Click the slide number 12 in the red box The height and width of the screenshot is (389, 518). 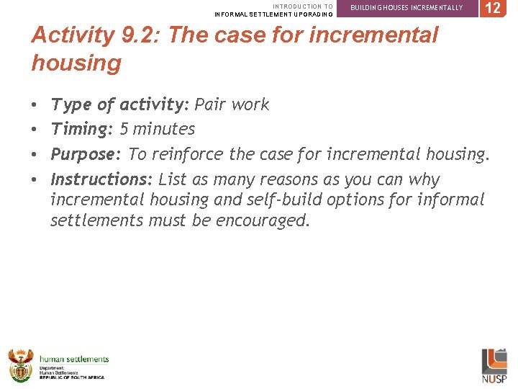coord(494,9)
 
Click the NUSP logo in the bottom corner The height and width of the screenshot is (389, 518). coord(494,365)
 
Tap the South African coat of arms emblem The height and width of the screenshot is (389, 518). coord(21,365)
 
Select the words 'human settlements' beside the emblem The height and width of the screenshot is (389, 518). coord(74,359)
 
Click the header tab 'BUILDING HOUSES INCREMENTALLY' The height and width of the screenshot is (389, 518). coord(406,8)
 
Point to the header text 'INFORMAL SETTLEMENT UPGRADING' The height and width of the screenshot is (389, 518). coord(274,14)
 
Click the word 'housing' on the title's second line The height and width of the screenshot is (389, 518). coord(76,63)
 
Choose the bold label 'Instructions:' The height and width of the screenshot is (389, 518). coord(101,179)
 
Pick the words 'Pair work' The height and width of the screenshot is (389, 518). coord(232,105)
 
